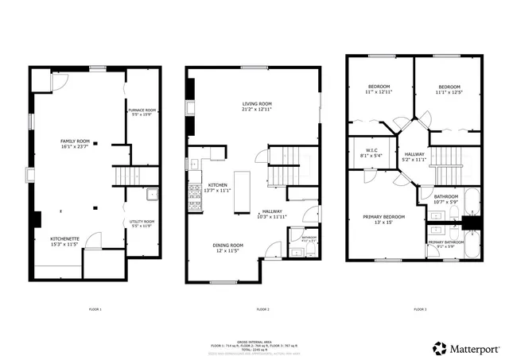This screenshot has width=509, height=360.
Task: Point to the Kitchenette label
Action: point(66,240)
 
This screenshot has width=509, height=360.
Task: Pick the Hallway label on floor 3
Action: point(414,157)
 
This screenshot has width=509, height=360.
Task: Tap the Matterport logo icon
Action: point(439,347)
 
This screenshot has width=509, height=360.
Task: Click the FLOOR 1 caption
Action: point(95,308)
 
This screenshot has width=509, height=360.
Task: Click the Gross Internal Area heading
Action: point(254,340)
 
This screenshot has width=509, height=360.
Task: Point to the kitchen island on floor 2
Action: point(242,192)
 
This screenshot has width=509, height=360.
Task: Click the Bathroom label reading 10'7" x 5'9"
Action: point(445,199)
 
